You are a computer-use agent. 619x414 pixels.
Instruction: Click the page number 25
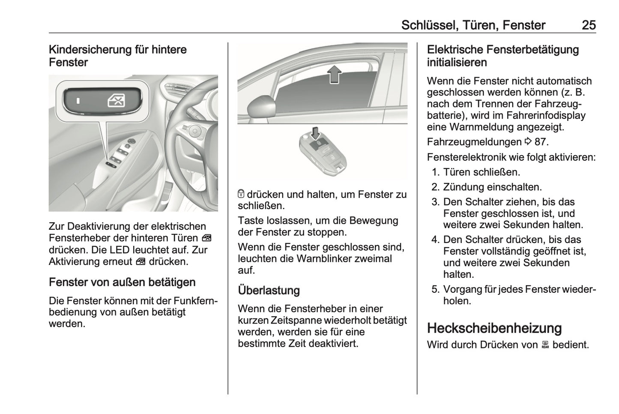[x=589, y=25]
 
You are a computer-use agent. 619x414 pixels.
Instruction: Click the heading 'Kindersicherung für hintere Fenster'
[x=117, y=56]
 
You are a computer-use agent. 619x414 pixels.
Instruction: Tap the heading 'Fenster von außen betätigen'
[x=122, y=282]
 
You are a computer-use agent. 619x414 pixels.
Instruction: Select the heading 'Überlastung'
[x=269, y=291]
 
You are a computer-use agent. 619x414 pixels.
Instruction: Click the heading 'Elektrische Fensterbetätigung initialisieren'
[x=502, y=56]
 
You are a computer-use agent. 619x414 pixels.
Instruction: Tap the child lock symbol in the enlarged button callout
[x=117, y=102]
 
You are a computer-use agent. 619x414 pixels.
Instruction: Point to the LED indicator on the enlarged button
[x=78, y=102]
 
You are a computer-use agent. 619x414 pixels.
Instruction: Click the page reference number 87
[x=541, y=142]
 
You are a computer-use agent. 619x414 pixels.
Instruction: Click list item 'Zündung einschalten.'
[x=492, y=187]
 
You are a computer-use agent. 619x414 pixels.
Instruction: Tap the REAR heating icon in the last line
[x=545, y=345]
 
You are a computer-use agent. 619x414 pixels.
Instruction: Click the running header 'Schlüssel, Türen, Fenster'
[x=473, y=25]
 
